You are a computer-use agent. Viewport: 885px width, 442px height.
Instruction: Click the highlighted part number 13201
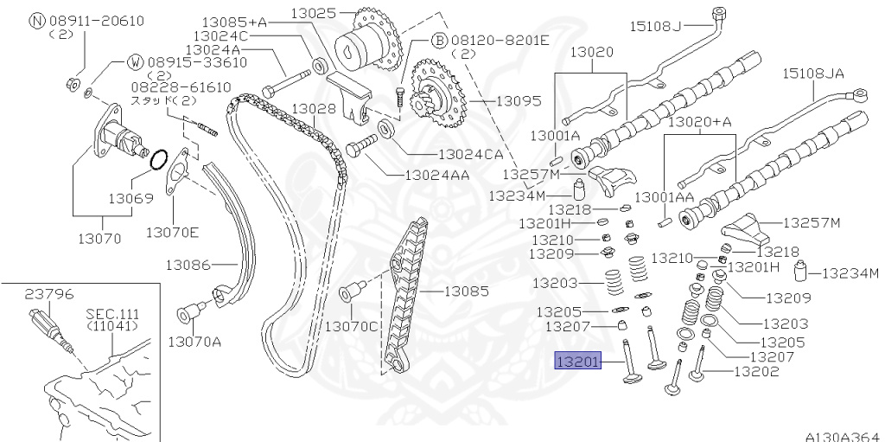(x=576, y=361)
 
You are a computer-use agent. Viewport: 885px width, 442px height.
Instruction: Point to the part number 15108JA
(x=813, y=74)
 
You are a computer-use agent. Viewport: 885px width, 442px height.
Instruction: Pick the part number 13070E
(x=172, y=232)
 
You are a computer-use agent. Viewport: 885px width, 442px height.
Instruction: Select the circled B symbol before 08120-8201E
(x=438, y=41)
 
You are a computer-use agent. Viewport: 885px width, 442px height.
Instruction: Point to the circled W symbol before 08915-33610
(x=136, y=61)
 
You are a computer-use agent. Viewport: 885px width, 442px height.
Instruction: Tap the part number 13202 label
(x=756, y=373)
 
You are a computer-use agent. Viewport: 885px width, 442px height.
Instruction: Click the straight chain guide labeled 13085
(x=407, y=294)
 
